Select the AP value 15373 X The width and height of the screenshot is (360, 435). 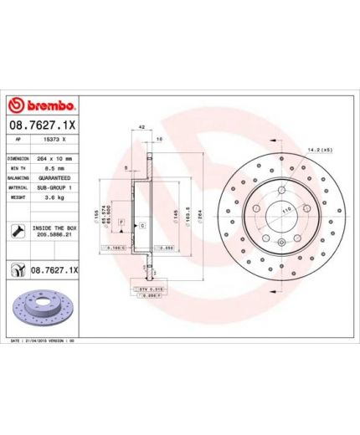(x=52, y=141)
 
